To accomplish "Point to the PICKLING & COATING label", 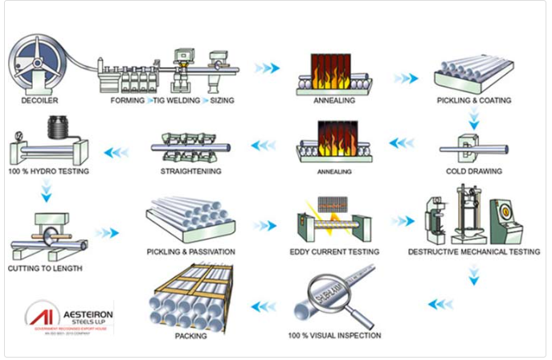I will (x=474, y=100).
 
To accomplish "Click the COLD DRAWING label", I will (x=474, y=171).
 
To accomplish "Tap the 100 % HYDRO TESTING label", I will (x=50, y=171).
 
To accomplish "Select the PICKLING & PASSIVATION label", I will (x=190, y=252).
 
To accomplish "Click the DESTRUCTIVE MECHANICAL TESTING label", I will (x=473, y=252).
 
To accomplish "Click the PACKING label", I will (x=190, y=336).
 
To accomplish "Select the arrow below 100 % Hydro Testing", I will (x=46, y=191).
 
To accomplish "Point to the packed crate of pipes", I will (x=190, y=297).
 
